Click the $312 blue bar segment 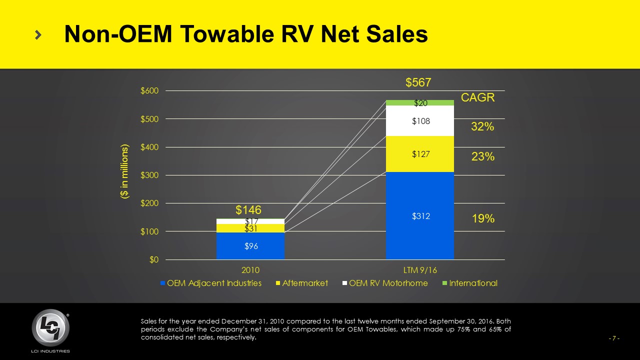coord(420,215)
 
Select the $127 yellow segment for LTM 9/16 coord(420,154)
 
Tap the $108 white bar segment coord(420,120)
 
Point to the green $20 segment coord(420,102)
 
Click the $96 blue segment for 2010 coord(250,245)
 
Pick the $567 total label coord(418,82)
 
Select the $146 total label coord(249,210)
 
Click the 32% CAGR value coord(482,127)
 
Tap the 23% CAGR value coord(482,156)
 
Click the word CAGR coord(477,98)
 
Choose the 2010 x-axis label coord(250,270)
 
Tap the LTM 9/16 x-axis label coord(420,270)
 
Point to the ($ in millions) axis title coord(124,172)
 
